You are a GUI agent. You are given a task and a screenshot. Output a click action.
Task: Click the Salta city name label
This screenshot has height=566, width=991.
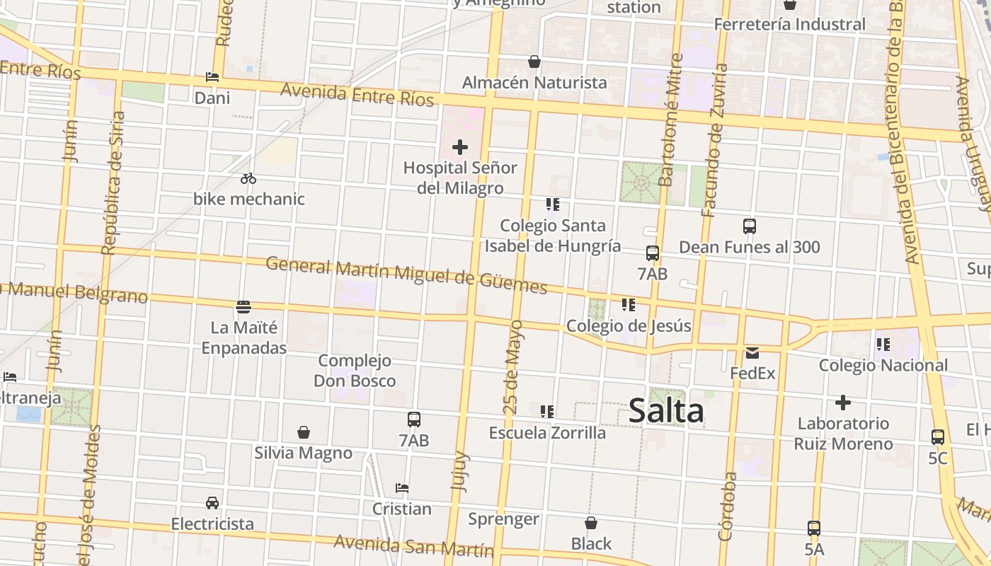(666, 411)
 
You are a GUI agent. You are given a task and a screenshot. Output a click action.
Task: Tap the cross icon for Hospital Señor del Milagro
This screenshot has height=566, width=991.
(460, 147)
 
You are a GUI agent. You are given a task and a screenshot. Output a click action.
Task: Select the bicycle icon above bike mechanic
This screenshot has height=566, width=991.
(248, 178)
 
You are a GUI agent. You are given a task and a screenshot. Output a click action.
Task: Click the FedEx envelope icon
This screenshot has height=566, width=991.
(752, 352)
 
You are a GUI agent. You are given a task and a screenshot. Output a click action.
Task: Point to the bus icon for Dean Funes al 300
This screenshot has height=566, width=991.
(750, 226)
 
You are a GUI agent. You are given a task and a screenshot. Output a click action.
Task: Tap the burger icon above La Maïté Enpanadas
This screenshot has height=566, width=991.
(244, 307)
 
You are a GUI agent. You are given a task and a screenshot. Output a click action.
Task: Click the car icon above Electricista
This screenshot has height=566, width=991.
(212, 503)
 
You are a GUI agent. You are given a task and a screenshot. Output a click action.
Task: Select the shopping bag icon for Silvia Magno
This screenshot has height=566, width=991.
(304, 432)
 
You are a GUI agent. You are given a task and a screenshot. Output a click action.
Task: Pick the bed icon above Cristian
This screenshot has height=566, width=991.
(402, 488)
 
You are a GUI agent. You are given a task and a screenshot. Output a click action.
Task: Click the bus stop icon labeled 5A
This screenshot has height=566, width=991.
(814, 528)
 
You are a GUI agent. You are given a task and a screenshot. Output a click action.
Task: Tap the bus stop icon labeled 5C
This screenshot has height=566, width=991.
(938, 437)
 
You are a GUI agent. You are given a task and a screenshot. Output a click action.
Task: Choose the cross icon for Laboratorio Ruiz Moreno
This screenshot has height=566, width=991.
(842, 403)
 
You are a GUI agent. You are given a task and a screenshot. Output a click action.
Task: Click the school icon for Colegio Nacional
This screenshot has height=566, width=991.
(883, 345)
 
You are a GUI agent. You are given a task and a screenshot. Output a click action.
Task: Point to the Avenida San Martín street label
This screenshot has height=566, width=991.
(413, 546)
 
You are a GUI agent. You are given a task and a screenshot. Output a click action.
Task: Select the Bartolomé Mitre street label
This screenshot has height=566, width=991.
(670, 120)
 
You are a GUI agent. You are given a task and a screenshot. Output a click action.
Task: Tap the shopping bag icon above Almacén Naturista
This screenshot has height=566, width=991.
(534, 62)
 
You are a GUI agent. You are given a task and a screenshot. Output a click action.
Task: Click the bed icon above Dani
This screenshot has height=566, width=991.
(212, 76)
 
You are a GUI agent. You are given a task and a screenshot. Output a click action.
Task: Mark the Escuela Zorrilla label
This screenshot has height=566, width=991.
(547, 432)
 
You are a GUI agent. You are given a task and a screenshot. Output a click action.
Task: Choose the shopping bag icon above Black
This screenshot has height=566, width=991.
(591, 523)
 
